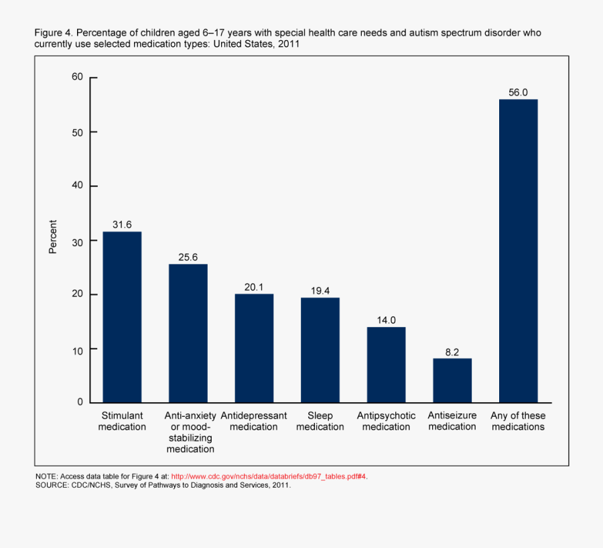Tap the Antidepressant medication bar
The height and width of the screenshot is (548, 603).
coord(254,348)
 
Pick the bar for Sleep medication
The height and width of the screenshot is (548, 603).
coord(320,349)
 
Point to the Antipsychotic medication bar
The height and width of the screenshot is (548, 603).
coord(386,364)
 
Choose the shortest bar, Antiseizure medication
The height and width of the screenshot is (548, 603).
coord(452,380)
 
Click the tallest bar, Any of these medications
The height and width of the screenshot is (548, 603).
coord(518,250)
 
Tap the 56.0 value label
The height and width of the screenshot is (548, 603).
coord(518,92)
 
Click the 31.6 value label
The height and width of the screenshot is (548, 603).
coord(121,225)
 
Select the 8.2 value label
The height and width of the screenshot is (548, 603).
coord(452,351)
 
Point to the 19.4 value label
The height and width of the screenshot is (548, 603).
coord(320,290)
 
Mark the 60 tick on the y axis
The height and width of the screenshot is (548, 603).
coord(77,77)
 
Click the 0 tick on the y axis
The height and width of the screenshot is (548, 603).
coord(80,402)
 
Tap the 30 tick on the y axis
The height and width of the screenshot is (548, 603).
coord(77,240)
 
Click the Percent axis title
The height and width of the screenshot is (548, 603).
coord(53,237)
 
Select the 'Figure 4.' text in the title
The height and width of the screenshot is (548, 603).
coord(55,33)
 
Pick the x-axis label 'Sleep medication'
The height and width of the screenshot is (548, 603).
coord(320,421)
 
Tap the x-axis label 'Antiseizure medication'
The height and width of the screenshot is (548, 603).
coord(452,421)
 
